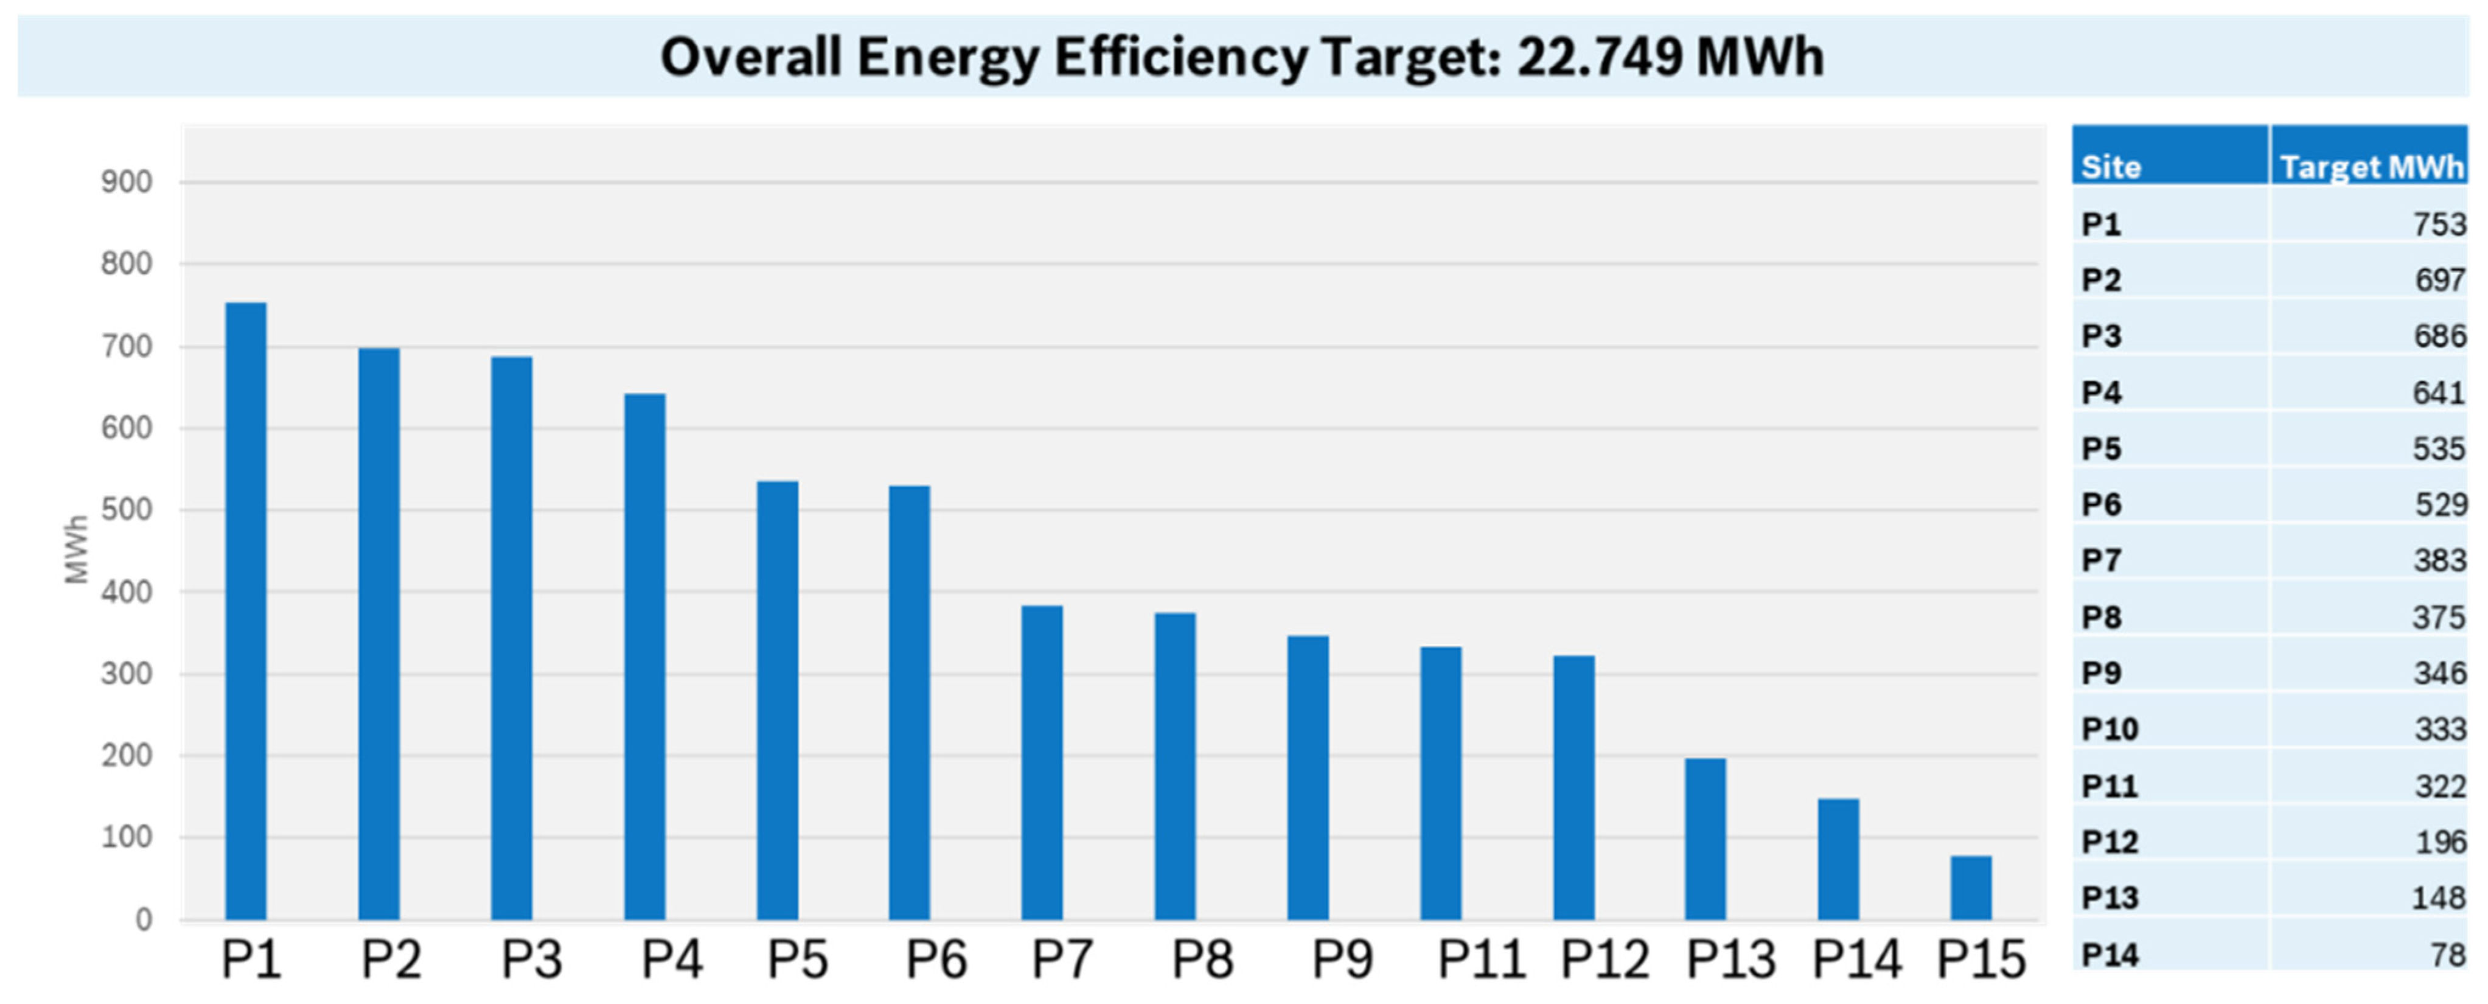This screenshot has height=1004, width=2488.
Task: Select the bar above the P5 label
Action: pos(778,700)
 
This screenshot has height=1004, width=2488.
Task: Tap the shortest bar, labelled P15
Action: pos(1970,887)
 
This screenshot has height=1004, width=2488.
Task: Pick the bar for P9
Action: pos(1308,777)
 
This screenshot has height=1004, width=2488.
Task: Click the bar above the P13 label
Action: pos(1706,838)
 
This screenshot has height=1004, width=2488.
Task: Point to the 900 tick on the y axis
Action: pos(127,182)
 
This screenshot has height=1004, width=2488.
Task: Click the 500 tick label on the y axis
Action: pos(127,509)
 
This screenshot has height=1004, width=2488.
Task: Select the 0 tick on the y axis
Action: pos(143,919)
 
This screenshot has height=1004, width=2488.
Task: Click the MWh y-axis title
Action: pos(76,549)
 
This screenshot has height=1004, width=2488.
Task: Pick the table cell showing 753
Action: pos(2439,224)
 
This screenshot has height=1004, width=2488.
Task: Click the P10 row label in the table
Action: pos(2110,728)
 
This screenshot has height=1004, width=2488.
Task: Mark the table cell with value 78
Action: pos(2447,955)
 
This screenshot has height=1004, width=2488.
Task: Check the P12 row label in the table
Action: pos(2110,842)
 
